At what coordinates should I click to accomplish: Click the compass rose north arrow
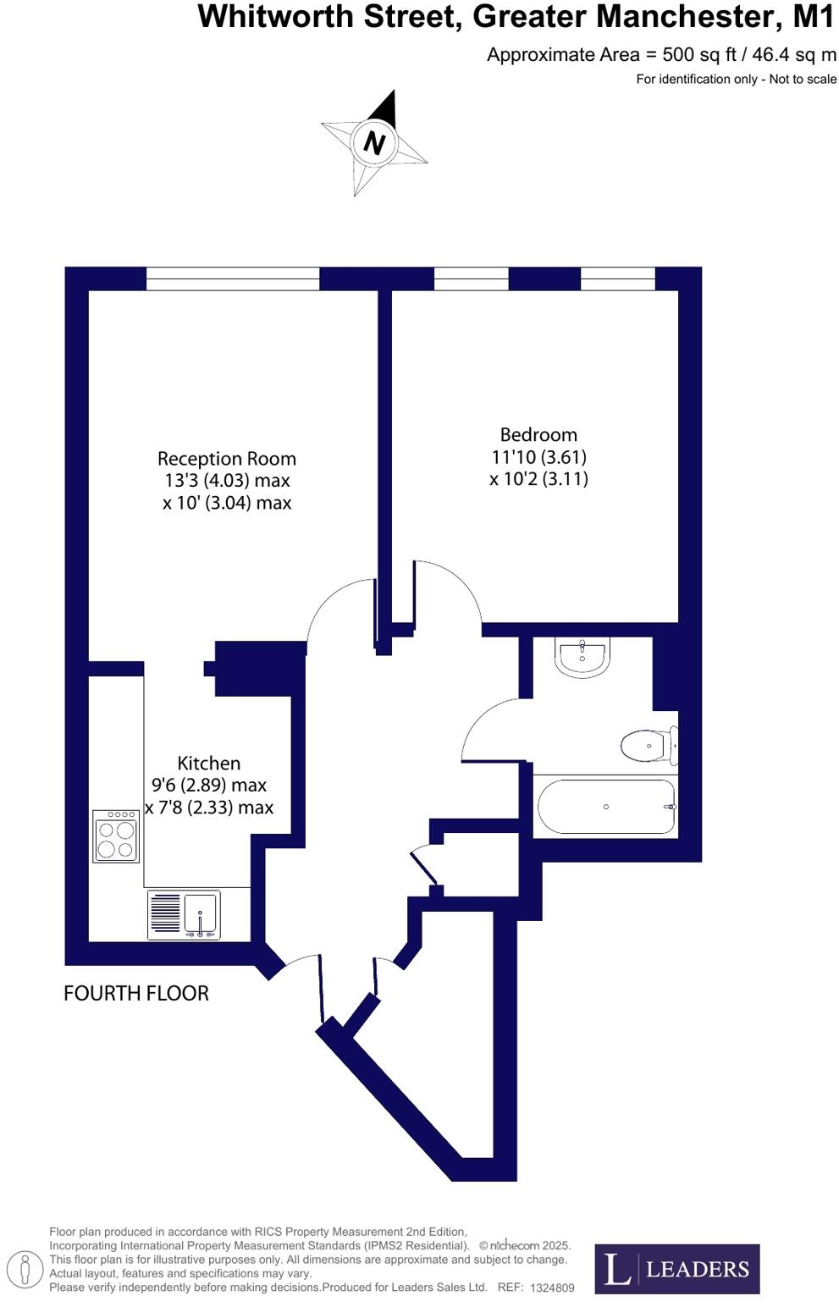point(374,142)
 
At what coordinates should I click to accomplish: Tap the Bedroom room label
point(538,435)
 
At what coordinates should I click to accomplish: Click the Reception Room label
point(227,459)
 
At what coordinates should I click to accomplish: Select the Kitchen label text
point(209,763)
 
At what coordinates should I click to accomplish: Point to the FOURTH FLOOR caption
point(136,993)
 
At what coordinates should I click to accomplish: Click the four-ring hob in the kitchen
point(116,836)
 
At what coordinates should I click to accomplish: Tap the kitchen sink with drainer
point(184,914)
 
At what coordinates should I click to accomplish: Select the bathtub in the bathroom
point(606,807)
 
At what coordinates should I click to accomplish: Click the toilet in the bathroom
point(649,746)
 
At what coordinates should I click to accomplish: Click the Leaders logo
point(676,1269)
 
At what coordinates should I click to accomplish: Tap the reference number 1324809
point(552,1288)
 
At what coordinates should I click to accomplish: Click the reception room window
point(233,278)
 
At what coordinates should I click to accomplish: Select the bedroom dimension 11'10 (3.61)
point(538,457)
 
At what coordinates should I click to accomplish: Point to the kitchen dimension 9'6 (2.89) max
point(209,785)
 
